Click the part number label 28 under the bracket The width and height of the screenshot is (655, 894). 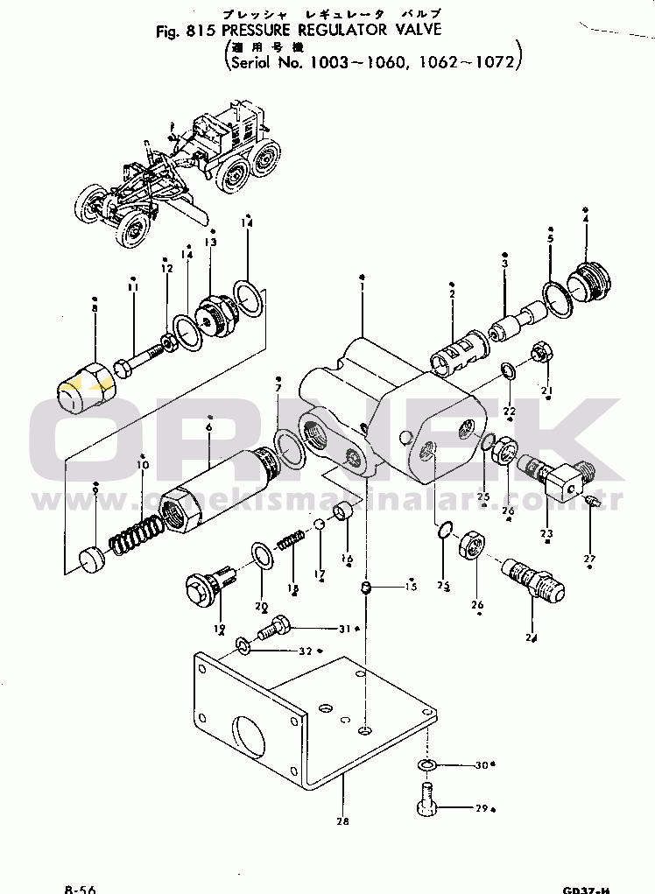click(342, 821)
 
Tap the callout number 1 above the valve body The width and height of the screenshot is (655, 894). click(363, 279)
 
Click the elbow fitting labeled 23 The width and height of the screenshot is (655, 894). click(553, 475)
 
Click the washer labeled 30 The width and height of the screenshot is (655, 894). click(426, 765)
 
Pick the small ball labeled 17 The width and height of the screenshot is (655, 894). click(320, 524)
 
